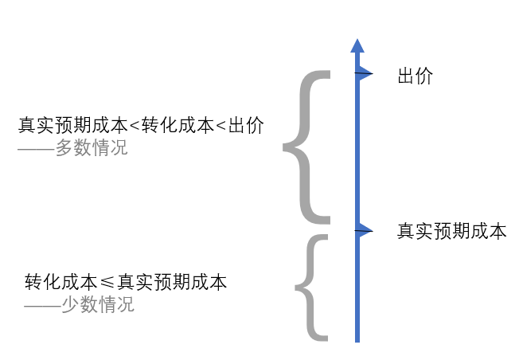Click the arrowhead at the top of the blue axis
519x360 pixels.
click(x=357, y=45)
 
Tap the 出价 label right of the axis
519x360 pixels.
click(x=415, y=76)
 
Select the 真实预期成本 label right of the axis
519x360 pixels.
click(x=451, y=232)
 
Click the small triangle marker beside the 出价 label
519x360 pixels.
click(x=364, y=74)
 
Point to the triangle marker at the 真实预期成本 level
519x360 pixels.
click(x=364, y=231)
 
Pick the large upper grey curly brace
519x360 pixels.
click(x=306, y=147)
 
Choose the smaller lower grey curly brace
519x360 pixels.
click(x=312, y=287)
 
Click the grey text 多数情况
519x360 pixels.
click(x=92, y=148)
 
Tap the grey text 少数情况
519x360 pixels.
click(x=98, y=304)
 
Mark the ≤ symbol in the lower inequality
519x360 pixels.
click(x=107, y=282)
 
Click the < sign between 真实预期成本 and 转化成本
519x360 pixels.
click(x=134, y=126)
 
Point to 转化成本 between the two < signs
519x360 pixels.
click(x=178, y=126)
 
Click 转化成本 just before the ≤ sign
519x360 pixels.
click(x=60, y=282)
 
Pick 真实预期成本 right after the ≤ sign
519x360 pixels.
click(x=172, y=282)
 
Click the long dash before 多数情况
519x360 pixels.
click(x=36, y=149)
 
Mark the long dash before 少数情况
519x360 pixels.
click(x=42, y=305)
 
